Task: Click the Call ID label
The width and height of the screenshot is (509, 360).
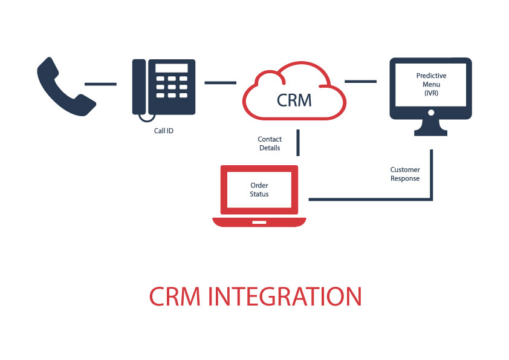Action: click(163, 130)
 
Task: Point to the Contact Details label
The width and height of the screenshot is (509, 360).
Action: click(270, 143)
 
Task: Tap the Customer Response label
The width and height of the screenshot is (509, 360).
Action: click(405, 174)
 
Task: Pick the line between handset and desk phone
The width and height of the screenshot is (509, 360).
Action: click(100, 83)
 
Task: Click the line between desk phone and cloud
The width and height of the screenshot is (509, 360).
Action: click(220, 82)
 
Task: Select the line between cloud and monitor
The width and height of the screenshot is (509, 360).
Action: click(360, 80)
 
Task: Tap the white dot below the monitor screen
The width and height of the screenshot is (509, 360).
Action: click(431, 113)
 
